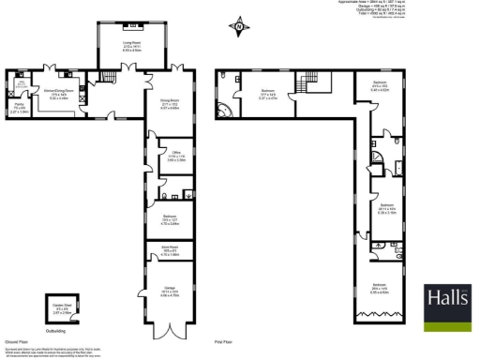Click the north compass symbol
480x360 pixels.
(239, 29)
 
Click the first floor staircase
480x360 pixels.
(307, 84)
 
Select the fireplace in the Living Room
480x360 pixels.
(132, 24)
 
